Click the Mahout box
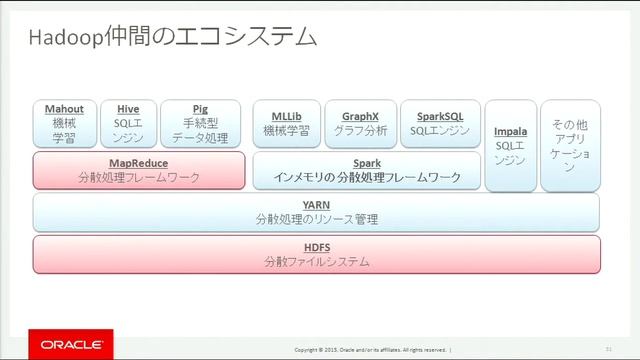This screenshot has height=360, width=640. (x=64, y=124)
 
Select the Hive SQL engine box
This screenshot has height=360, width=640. (x=128, y=124)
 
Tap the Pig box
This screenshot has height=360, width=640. (x=200, y=124)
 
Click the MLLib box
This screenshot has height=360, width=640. (x=286, y=124)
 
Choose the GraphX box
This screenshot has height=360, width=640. (x=360, y=124)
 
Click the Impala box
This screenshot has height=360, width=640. (x=510, y=146)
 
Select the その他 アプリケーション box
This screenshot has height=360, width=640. (x=570, y=146)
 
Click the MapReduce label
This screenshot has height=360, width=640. (x=138, y=162)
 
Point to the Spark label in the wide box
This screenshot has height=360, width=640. (x=367, y=162)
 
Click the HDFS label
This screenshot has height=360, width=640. (x=316, y=246)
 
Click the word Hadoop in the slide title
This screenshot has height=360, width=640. (x=61, y=38)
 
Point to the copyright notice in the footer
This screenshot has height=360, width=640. (x=370, y=350)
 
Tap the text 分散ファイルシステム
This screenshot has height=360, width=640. (x=317, y=262)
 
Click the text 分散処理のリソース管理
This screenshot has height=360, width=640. (x=316, y=218)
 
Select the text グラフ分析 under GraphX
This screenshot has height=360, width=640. (x=360, y=131)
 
